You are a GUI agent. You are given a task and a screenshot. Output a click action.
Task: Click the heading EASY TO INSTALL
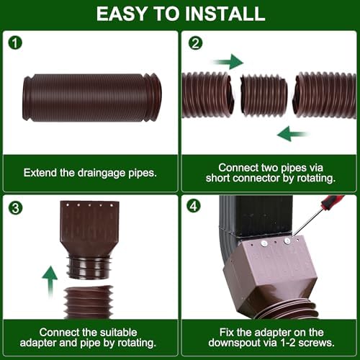coord(179,13)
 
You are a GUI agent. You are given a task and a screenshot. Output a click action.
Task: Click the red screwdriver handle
coord(333,202)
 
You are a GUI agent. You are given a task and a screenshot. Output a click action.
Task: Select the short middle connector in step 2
coord(264,96)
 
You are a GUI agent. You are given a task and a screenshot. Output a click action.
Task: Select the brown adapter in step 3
coord(89,238)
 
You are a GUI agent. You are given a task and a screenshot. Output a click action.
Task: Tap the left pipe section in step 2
coord(207,94)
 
